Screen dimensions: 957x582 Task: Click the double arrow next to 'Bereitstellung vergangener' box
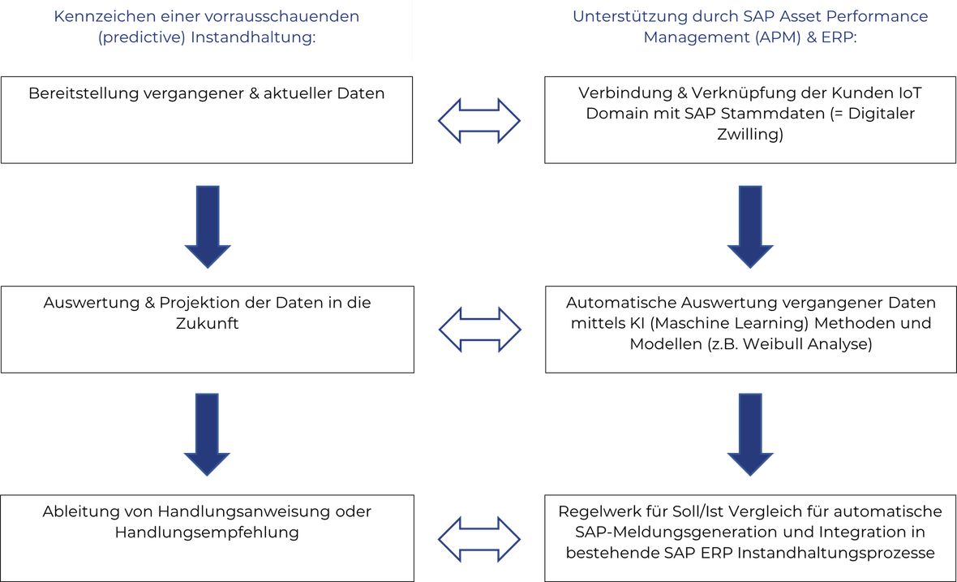click(x=479, y=121)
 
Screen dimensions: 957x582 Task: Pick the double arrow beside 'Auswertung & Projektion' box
click(x=480, y=330)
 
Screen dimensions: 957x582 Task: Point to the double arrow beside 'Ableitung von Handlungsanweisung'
click(x=479, y=539)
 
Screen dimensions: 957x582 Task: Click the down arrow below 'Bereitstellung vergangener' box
click(x=208, y=226)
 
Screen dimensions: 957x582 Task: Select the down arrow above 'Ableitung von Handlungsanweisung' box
click(x=207, y=435)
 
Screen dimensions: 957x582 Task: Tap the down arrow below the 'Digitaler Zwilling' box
click(x=750, y=226)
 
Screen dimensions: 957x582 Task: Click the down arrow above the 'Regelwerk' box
click(x=750, y=435)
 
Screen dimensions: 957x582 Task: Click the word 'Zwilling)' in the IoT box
click(x=750, y=135)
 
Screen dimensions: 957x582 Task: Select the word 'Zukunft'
click(x=208, y=323)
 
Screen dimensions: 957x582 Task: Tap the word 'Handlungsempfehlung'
click(x=207, y=532)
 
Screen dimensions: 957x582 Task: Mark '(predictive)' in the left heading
click(x=142, y=38)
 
